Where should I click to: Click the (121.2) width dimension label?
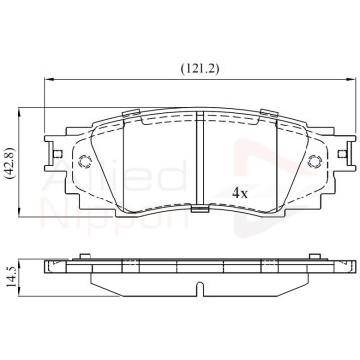click(x=199, y=68)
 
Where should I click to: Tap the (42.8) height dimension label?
click(x=10, y=162)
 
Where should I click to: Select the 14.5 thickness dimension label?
click(x=10, y=276)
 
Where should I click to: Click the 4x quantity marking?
click(x=240, y=194)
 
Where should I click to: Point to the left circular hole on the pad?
click(x=86, y=161)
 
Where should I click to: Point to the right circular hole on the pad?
click(x=314, y=161)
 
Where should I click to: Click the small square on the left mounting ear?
click(x=57, y=154)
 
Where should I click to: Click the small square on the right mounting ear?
click(x=342, y=154)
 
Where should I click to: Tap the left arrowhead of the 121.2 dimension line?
click(x=48, y=79)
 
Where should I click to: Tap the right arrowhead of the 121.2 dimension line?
click(x=351, y=79)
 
